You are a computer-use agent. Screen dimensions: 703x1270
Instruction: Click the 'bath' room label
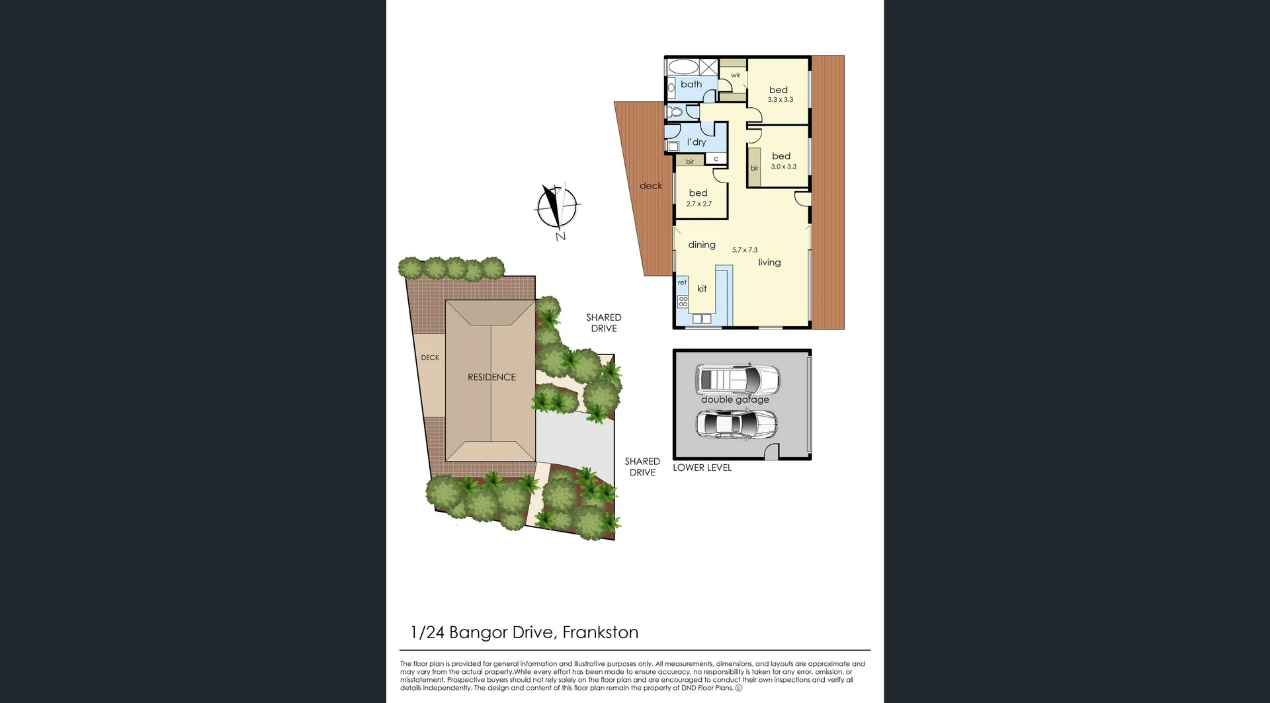point(691,84)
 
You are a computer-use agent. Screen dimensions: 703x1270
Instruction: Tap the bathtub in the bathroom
point(683,67)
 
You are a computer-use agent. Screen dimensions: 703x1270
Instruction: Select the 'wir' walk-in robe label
point(736,75)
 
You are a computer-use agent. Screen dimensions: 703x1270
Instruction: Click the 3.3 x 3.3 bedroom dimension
point(781,100)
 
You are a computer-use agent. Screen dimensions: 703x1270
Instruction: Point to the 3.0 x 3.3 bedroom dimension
point(783,167)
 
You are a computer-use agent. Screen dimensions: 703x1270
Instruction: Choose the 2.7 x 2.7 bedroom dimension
point(698,204)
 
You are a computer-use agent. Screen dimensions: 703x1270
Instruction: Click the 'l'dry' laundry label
point(697,142)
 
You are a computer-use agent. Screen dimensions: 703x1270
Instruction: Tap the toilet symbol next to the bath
point(675,112)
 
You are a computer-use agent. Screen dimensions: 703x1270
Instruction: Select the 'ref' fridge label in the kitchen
point(682,282)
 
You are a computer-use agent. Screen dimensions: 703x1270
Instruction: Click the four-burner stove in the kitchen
point(683,302)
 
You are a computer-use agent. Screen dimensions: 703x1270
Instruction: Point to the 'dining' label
point(702,245)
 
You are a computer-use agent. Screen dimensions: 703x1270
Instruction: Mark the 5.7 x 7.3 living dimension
point(745,250)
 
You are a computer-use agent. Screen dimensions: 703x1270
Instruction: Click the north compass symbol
point(557,207)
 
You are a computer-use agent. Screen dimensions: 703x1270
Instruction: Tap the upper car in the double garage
point(737,380)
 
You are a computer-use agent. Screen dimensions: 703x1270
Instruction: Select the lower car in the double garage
point(736,425)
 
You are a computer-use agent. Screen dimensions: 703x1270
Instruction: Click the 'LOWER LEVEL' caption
point(702,468)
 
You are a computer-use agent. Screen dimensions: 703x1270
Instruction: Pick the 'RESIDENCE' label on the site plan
point(491,377)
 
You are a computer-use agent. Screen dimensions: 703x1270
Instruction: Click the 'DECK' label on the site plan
point(430,358)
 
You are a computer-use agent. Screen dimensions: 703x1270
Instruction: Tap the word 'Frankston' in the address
point(600,632)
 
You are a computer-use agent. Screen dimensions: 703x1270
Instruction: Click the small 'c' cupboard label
point(716,159)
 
